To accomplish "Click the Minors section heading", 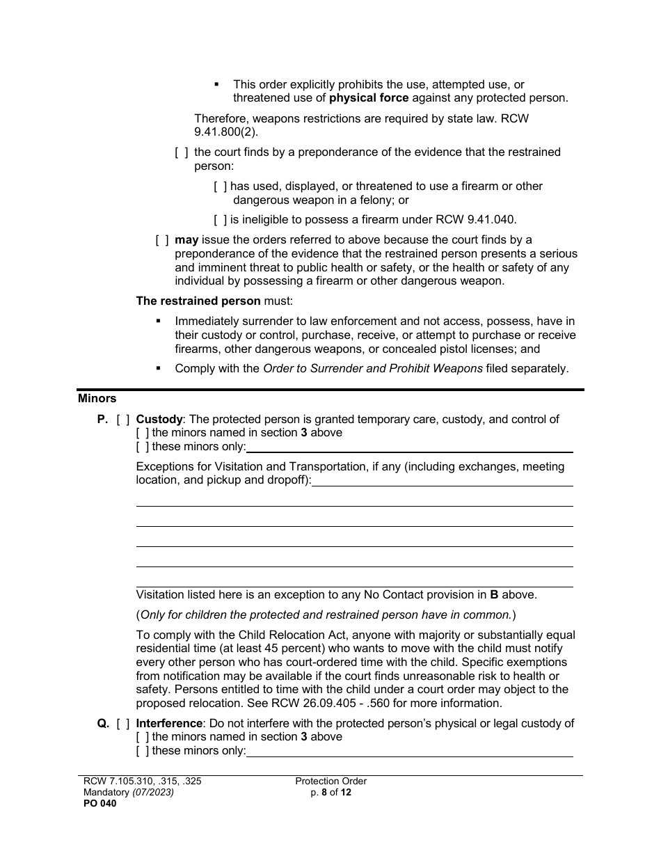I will [x=97, y=399].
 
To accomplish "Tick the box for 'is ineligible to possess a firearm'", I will [x=220, y=220].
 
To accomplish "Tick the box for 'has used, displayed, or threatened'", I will [x=220, y=187].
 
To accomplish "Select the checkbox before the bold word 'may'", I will [x=161, y=240].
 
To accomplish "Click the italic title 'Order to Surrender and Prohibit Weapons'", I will [x=372, y=369].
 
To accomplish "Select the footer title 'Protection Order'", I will [x=330, y=781].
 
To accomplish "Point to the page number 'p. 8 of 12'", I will [x=330, y=792].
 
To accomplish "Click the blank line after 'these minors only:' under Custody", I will [x=411, y=447].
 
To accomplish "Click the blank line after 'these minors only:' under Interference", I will [x=411, y=752].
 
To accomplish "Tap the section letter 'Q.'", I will [x=103, y=724].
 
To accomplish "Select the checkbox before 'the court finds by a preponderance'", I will [x=181, y=152].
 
